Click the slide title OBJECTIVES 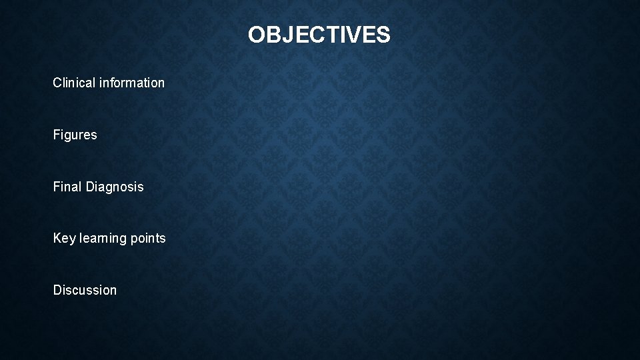click(x=319, y=35)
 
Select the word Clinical click(x=74, y=83)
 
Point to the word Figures click(x=75, y=135)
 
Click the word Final click(x=67, y=187)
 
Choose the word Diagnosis click(x=115, y=187)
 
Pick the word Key click(x=64, y=238)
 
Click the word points click(x=149, y=238)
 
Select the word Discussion click(x=85, y=290)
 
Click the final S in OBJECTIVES click(x=383, y=35)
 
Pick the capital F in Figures click(x=57, y=135)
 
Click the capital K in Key click(x=57, y=238)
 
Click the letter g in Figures click(x=68, y=136)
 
